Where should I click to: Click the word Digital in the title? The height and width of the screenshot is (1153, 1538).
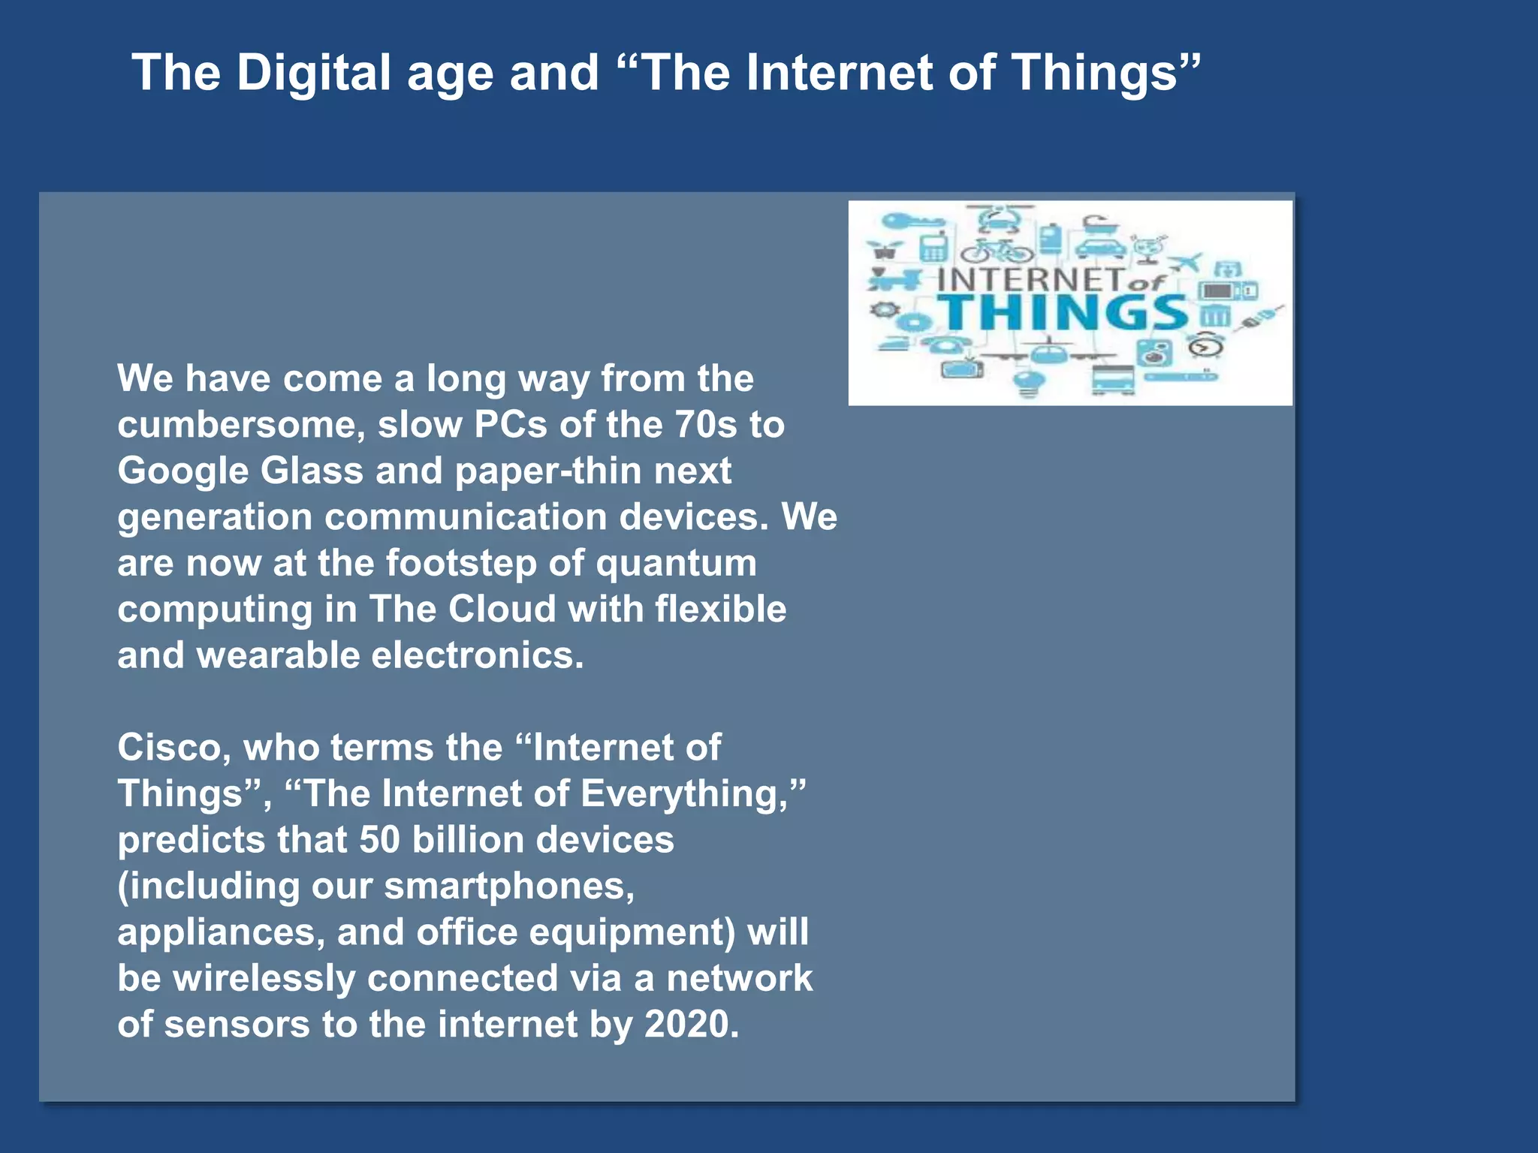pos(314,74)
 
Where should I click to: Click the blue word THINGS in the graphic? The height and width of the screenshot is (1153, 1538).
pos(1065,312)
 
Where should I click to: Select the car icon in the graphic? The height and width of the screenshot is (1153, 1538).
pos(1100,248)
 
